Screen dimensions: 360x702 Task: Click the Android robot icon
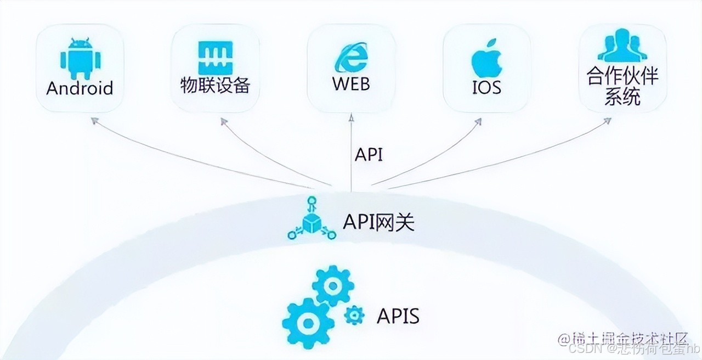(80, 58)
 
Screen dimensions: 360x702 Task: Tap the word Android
(80, 88)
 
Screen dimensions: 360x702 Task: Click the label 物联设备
(215, 85)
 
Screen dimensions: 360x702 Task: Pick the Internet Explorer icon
(351, 57)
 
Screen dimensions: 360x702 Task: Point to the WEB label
(351, 84)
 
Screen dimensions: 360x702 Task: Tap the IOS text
(486, 87)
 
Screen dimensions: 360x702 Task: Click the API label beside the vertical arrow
(369, 155)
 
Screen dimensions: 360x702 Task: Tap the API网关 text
(379, 222)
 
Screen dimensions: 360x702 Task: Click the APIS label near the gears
(398, 316)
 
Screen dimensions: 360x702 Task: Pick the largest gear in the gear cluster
(308, 322)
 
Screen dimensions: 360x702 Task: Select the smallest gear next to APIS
(354, 314)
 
